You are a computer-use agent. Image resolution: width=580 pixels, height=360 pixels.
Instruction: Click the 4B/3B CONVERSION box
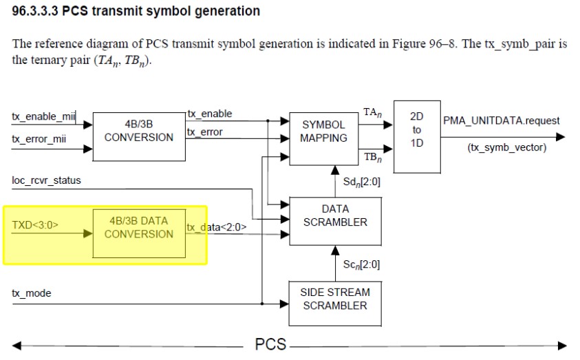pyautogui.click(x=139, y=131)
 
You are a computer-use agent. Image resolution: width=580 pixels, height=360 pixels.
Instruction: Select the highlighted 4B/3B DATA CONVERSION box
pyautogui.click(x=139, y=228)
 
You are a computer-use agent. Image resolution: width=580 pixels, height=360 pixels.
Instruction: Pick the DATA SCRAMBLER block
pyautogui.click(x=335, y=215)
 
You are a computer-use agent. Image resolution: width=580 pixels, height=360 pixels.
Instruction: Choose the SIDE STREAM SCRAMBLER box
pyautogui.click(x=335, y=299)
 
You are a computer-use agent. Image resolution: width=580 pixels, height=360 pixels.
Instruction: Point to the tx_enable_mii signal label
pyautogui.click(x=43, y=117)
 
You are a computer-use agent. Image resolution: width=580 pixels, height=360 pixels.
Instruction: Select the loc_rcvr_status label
pyautogui.click(x=46, y=180)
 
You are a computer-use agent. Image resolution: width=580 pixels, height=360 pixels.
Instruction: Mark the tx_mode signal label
pyautogui.click(x=32, y=293)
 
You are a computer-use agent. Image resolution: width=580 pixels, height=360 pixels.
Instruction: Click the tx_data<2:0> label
pyautogui.click(x=217, y=226)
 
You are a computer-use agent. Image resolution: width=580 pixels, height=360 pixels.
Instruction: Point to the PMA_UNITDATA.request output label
pyautogui.click(x=502, y=120)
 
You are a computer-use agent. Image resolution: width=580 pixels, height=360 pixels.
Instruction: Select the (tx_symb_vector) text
pyautogui.click(x=506, y=147)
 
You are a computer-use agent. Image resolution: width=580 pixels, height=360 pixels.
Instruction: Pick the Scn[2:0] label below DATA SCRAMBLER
pyautogui.click(x=361, y=264)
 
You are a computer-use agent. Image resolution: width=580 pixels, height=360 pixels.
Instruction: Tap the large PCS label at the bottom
pyautogui.click(x=270, y=344)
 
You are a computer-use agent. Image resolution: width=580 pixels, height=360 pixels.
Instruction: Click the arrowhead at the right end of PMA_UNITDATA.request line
pyautogui.click(x=560, y=137)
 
